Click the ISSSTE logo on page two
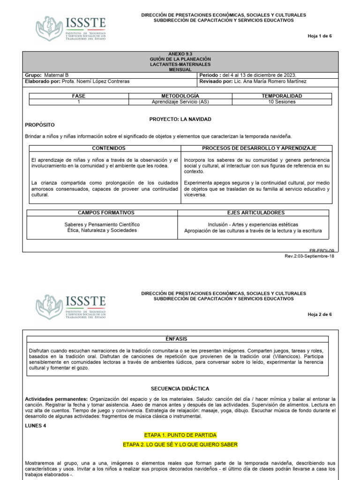(x=71, y=307)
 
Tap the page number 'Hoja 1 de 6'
(x=319, y=36)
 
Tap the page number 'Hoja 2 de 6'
(x=319, y=314)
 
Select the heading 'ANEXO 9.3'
(x=180, y=54)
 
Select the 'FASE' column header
(x=79, y=96)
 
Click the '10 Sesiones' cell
(x=282, y=102)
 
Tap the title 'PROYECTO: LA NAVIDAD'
(x=180, y=119)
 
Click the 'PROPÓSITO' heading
(x=39, y=125)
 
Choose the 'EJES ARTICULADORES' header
(x=255, y=212)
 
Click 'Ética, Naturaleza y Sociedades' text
(x=102, y=230)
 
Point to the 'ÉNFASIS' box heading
(x=180, y=338)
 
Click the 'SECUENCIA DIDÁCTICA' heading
(x=180, y=389)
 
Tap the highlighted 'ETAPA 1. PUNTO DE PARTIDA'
(x=180, y=435)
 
